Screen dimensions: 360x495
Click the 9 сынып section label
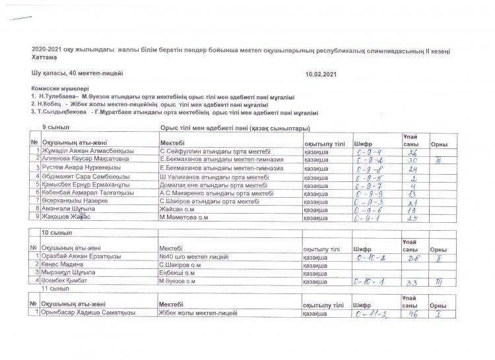55,126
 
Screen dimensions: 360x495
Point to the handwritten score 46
412,314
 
